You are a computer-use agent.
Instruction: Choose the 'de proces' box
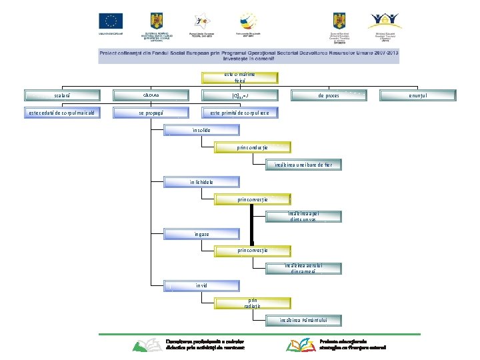[x=328, y=95]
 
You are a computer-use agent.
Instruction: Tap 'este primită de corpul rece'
[x=240, y=113]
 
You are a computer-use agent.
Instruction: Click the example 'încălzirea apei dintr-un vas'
[x=303, y=216]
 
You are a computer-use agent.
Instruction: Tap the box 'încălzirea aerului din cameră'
[x=303, y=268]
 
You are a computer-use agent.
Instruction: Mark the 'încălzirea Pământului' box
[x=303, y=320]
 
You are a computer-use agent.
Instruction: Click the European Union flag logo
[x=111, y=21]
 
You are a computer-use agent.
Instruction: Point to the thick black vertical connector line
[x=252, y=223]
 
